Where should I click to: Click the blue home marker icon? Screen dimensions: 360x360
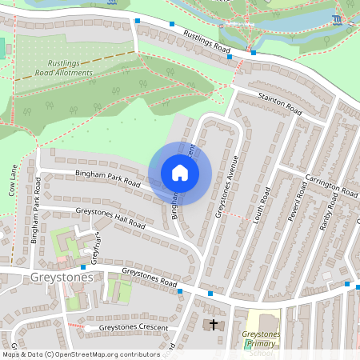point(180,173)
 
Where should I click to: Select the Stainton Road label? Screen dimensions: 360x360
point(279,102)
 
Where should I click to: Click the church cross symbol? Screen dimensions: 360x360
point(214,324)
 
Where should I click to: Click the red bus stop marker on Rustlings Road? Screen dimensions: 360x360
point(254,53)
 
